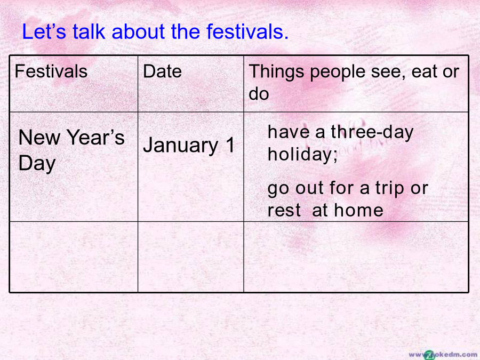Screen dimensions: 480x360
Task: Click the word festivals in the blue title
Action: pyautogui.click(x=247, y=31)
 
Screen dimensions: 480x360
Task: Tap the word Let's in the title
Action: pyautogui.click(x=44, y=31)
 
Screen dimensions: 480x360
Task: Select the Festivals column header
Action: pyautogui.click(x=51, y=71)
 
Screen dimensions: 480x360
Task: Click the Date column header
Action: pyautogui.click(x=162, y=71)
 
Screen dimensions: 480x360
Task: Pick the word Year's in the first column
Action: pyautogui.click(x=95, y=137)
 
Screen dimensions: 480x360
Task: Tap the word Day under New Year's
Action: pyautogui.click(x=37, y=164)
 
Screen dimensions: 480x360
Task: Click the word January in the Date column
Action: pyautogui.click(x=181, y=146)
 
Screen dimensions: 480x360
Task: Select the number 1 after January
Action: pyautogui.click(x=230, y=145)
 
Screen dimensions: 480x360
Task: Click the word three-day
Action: pyautogui.click(x=372, y=133)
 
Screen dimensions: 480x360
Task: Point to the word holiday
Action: pyautogui.click(x=302, y=154)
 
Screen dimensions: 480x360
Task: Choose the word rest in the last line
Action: pyautogui.click(x=284, y=210)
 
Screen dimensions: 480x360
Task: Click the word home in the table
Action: pyautogui.click(x=358, y=210)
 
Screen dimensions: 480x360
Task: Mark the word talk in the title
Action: pyautogui.click(x=89, y=31)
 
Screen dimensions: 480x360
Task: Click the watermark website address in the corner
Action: pyautogui.click(x=444, y=355)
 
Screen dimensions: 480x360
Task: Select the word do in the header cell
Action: pyautogui.click(x=259, y=94)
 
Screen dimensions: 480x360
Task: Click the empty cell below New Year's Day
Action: pyautogui.click(x=74, y=257)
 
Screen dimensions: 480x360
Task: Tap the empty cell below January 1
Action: pyautogui.click(x=191, y=257)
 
